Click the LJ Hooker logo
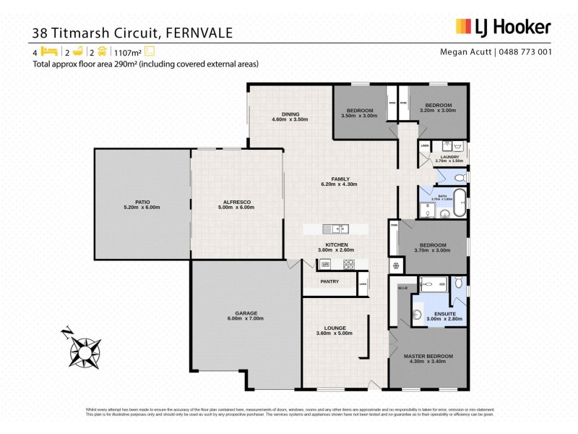(x=503, y=27)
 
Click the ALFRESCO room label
(x=237, y=202)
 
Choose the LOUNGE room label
(x=335, y=328)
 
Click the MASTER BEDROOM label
(x=428, y=357)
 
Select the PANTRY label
(x=329, y=281)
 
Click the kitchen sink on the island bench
(x=336, y=229)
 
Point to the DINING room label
(x=290, y=114)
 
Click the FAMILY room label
(x=340, y=179)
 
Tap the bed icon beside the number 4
(x=49, y=51)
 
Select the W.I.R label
(x=403, y=287)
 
